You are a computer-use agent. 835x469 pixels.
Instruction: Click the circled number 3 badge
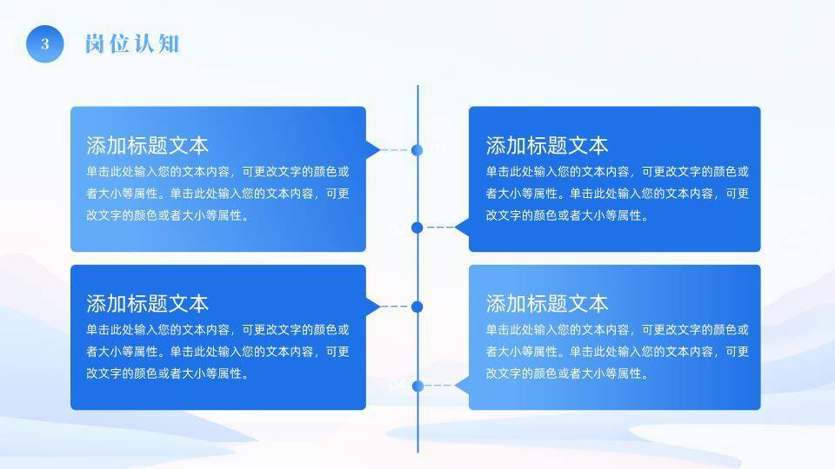[x=45, y=44]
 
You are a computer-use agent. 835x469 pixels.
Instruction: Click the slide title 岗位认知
[x=132, y=44]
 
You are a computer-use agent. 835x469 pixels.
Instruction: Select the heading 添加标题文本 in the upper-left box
[x=147, y=145]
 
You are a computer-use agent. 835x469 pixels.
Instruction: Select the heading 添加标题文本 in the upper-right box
[x=546, y=145]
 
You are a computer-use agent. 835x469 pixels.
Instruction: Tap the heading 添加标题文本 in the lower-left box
[x=147, y=303]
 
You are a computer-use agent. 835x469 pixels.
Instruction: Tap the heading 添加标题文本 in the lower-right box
[x=546, y=303]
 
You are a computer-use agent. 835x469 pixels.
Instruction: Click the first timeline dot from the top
[x=417, y=150]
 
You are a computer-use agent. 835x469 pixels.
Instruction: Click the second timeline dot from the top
[x=417, y=228]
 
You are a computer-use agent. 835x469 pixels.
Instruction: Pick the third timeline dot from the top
[x=417, y=307]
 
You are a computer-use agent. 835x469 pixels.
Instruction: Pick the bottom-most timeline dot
[x=417, y=386]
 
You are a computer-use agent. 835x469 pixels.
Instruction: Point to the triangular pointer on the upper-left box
[x=372, y=150]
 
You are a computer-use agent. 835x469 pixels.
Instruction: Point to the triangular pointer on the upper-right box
[x=463, y=228]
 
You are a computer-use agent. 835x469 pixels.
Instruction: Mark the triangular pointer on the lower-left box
[x=372, y=307]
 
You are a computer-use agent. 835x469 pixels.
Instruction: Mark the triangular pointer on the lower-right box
[x=463, y=386]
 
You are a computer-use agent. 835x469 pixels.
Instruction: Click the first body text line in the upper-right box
[x=617, y=172]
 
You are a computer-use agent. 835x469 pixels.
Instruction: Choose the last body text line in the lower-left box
[x=168, y=374]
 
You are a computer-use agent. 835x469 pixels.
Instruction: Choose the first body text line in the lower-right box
[x=617, y=330]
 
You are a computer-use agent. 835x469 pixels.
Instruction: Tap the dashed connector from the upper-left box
[x=395, y=150]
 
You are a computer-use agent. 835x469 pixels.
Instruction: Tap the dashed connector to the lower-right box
[x=440, y=386]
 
